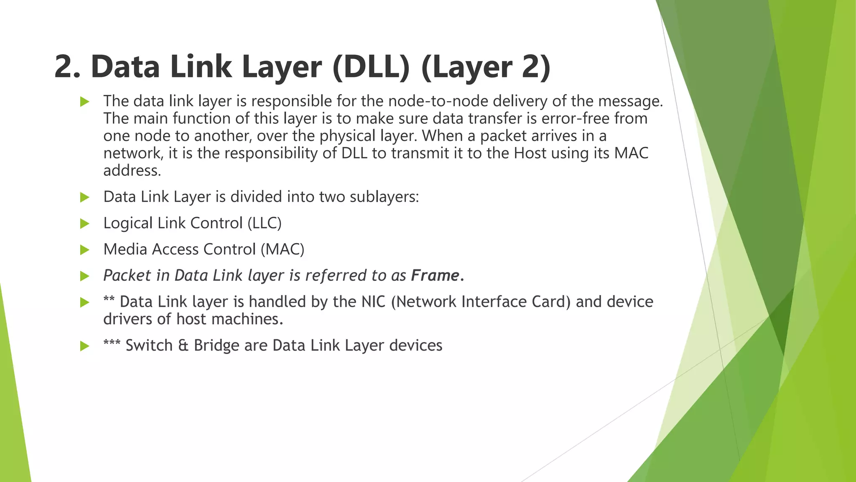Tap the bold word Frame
(435, 275)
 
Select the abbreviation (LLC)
(265, 223)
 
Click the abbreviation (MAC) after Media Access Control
(283, 249)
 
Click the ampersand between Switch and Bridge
(183, 346)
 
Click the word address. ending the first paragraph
(132, 171)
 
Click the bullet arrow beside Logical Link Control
(85, 224)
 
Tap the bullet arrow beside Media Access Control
(85, 250)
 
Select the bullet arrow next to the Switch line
(85, 346)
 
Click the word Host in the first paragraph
(530, 153)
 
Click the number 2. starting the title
(67, 67)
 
